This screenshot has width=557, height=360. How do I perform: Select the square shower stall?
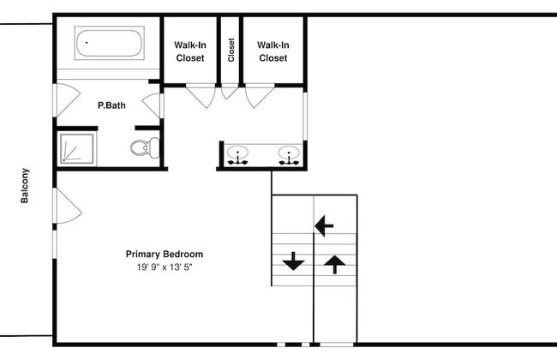[76, 147]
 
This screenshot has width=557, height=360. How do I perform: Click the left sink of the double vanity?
[237, 155]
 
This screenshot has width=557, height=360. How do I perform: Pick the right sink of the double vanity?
[289, 155]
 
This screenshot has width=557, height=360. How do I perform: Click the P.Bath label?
[111, 105]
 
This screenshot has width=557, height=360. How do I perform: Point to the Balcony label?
[26, 184]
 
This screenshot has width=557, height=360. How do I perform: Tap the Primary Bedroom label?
[165, 254]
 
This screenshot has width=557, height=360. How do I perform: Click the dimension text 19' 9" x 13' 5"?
[165, 267]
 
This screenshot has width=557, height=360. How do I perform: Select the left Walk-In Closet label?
[189, 51]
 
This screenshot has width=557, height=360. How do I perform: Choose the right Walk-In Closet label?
[273, 51]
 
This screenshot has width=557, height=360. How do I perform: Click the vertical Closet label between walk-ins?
[231, 50]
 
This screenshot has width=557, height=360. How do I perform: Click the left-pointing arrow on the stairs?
[324, 226]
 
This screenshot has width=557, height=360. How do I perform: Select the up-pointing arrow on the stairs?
[333, 262]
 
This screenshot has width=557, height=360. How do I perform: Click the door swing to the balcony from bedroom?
[65, 207]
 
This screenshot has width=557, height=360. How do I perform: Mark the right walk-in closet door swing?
[257, 95]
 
